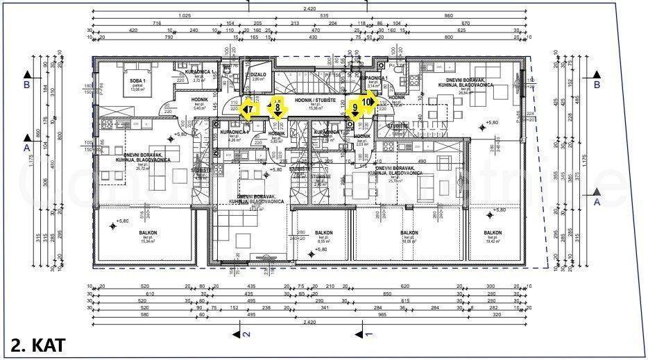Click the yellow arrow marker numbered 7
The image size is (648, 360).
(x=249, y=108)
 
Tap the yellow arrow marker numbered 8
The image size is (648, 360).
(x=278, y=106)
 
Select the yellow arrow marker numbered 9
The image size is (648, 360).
(x=356, y=108)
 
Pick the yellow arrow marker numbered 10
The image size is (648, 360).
(x=367, y=101)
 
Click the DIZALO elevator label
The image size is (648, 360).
(x=258, y=75)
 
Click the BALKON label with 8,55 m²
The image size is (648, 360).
(x=323, y=234)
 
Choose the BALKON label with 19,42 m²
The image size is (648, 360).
(x=493, y=234)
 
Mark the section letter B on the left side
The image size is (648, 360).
(x=26, y=85)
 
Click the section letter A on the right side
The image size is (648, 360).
(x=596, y=201)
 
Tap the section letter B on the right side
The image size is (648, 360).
(x=596, y=85)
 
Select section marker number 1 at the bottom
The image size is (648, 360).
(x=368, y=334)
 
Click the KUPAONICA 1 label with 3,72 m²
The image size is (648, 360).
(x=201, y=74)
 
